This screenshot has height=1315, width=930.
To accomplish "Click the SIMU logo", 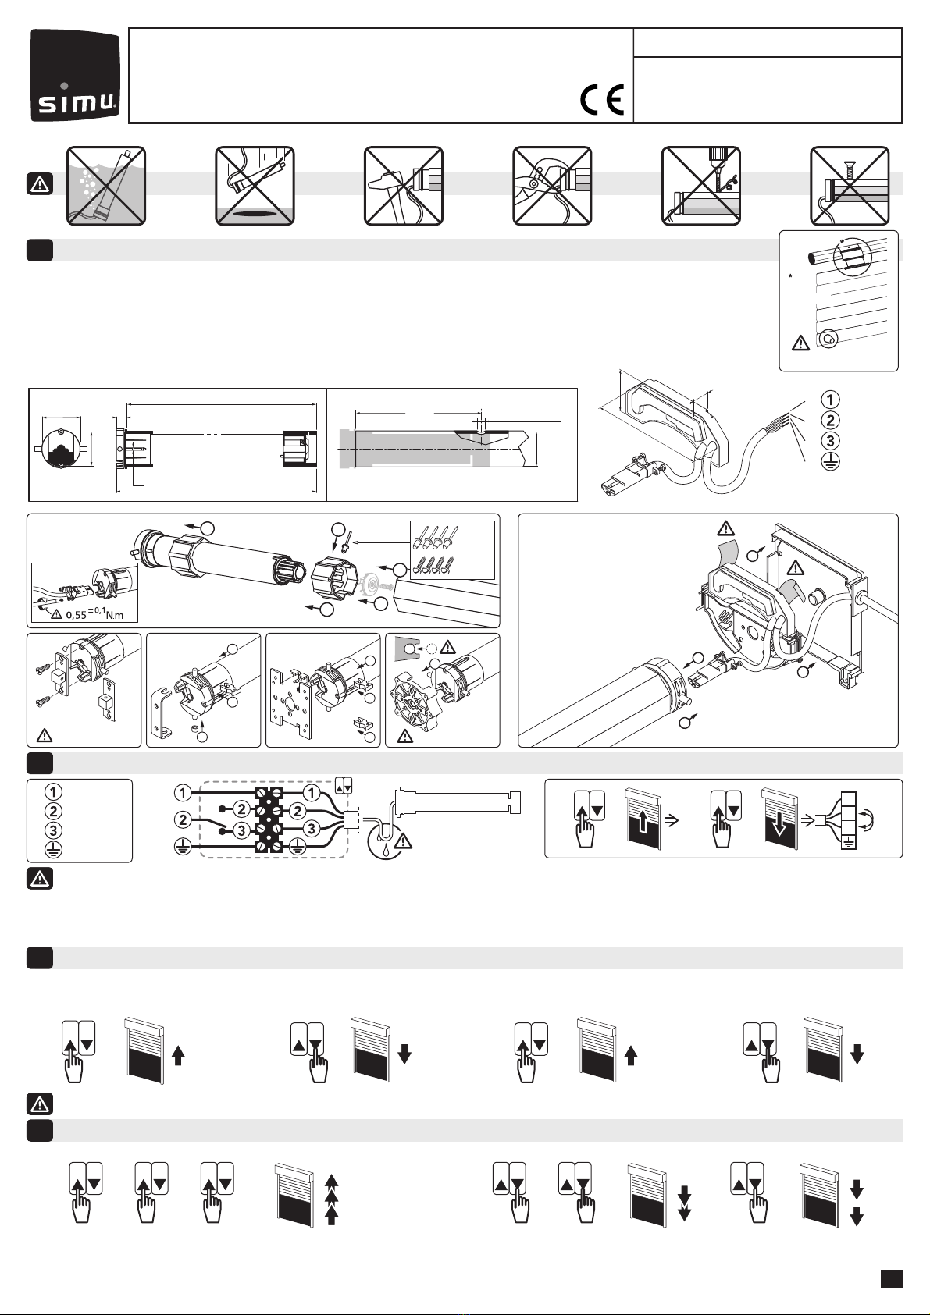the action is pos(75,75).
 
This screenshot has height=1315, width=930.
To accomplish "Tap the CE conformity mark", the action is pos(603,101).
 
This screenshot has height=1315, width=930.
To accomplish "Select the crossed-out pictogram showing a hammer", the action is pos(404,186).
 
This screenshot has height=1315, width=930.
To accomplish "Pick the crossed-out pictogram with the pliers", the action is pos(552,186).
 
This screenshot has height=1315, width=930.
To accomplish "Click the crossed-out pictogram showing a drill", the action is pos(701,186).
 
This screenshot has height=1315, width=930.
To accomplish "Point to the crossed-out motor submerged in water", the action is pos(105,186).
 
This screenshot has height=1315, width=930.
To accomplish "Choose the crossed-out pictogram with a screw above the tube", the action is pos(850,186).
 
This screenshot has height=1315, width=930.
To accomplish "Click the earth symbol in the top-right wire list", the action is pos(830,461).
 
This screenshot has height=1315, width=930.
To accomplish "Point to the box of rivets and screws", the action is pos(452,550).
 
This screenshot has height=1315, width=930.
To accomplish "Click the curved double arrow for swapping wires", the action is pos(867,820).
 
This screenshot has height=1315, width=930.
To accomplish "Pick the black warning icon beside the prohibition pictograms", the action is pos(39,184).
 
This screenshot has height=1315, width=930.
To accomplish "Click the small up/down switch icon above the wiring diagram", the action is pos(344,784).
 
